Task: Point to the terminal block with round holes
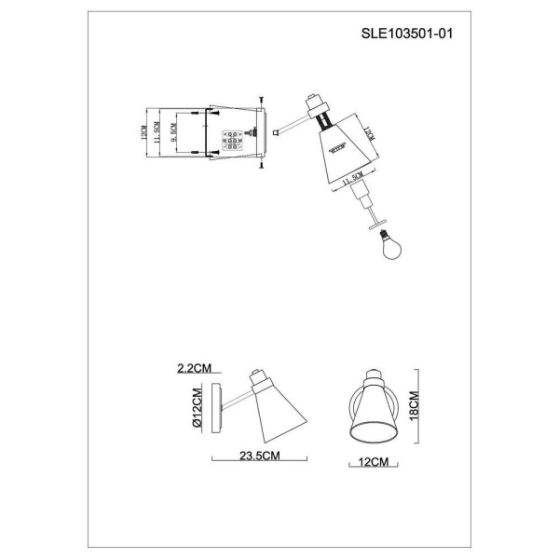(233, 141)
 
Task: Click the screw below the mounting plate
(262, 168)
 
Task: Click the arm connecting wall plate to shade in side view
(237, 398)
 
